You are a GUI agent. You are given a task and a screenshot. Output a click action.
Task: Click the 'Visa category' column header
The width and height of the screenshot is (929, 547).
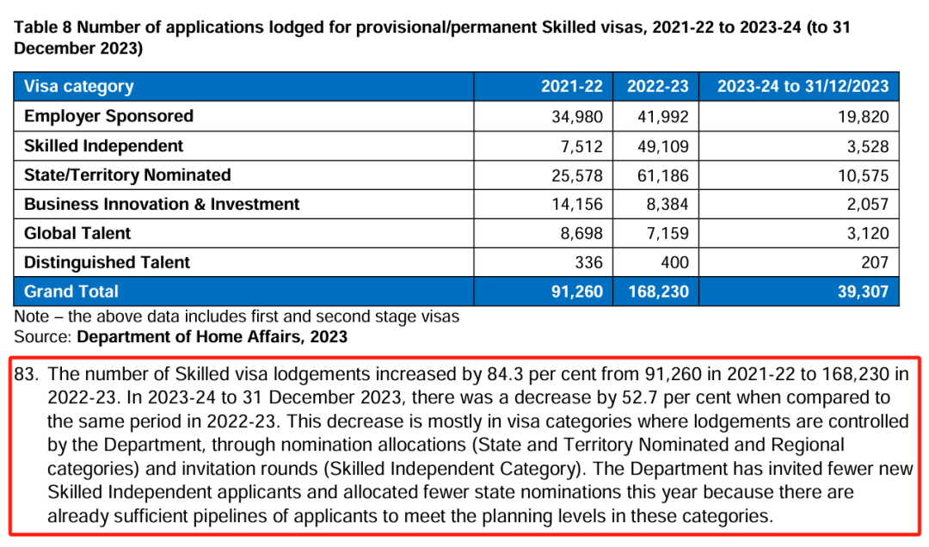point(79,87)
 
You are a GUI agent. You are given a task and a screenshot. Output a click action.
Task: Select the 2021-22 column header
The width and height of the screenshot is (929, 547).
point(572,87)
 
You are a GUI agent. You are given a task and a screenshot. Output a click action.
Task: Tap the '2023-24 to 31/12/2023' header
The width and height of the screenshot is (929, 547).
point(803,87)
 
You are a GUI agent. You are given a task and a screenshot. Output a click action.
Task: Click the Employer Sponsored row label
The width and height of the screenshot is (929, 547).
point(108,116)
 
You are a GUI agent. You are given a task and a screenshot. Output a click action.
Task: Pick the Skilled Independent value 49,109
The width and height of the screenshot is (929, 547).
point(663,146)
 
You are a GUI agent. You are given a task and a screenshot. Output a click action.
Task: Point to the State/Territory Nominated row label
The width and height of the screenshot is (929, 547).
point(127,175)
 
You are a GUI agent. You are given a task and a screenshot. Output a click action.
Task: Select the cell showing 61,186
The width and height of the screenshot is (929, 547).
point(663,176)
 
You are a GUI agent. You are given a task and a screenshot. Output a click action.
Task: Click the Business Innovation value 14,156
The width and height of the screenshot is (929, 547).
point(577,205)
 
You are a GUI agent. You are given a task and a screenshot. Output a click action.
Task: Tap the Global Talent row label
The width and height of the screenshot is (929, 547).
point(77,233)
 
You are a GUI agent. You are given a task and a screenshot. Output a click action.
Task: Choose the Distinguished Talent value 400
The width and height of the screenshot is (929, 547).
point(675,262)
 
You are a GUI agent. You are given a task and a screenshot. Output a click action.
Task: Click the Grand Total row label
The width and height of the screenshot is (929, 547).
point(71,292)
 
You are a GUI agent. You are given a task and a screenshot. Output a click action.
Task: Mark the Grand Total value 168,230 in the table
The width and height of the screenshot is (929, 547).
point(658,292)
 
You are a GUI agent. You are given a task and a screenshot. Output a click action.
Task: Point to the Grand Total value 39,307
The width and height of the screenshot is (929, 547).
point(864,292)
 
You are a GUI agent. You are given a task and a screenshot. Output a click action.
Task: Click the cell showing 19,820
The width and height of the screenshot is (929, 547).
point(864,117)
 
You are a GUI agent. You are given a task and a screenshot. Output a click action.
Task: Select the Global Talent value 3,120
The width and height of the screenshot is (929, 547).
point(868,233)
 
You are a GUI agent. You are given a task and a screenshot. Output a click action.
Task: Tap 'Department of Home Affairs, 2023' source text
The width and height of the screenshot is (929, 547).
point(212,336)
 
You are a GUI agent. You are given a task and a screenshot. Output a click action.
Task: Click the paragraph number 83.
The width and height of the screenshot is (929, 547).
point(26,374)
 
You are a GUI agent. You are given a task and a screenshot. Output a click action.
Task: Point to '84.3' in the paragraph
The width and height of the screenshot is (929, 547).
point(506,374)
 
